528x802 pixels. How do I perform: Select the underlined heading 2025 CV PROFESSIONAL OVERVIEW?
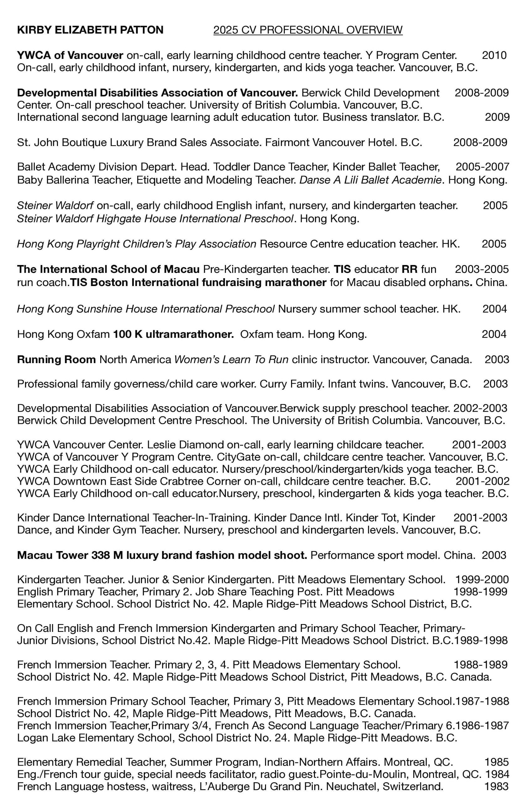point(308,30)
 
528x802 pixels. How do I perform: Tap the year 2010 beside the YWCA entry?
point(494,55)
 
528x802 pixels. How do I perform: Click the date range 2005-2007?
point(482,167)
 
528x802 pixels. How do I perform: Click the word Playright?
point(98,244)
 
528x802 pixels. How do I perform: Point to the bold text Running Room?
point(56,360)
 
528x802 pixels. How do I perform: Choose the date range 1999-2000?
point(482,580)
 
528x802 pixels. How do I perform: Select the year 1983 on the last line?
point(496,787)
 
